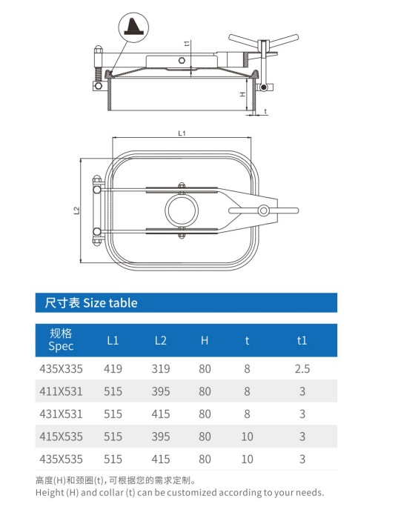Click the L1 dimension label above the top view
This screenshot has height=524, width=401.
tap(182, 133)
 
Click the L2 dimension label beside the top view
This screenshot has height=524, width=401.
tap(76, 210)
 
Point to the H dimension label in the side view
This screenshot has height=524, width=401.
tap(243, 94)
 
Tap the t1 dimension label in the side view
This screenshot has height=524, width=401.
tap(188, 43)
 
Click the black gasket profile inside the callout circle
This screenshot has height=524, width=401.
tap(134, 27)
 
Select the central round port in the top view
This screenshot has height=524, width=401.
tap(182, 210)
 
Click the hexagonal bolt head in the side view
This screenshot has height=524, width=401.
tap(182, 61)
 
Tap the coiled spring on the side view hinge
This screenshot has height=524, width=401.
tap(98, 75)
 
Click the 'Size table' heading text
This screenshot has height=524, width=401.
tap(110, 303)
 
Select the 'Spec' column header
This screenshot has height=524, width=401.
tap(61, 346)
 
